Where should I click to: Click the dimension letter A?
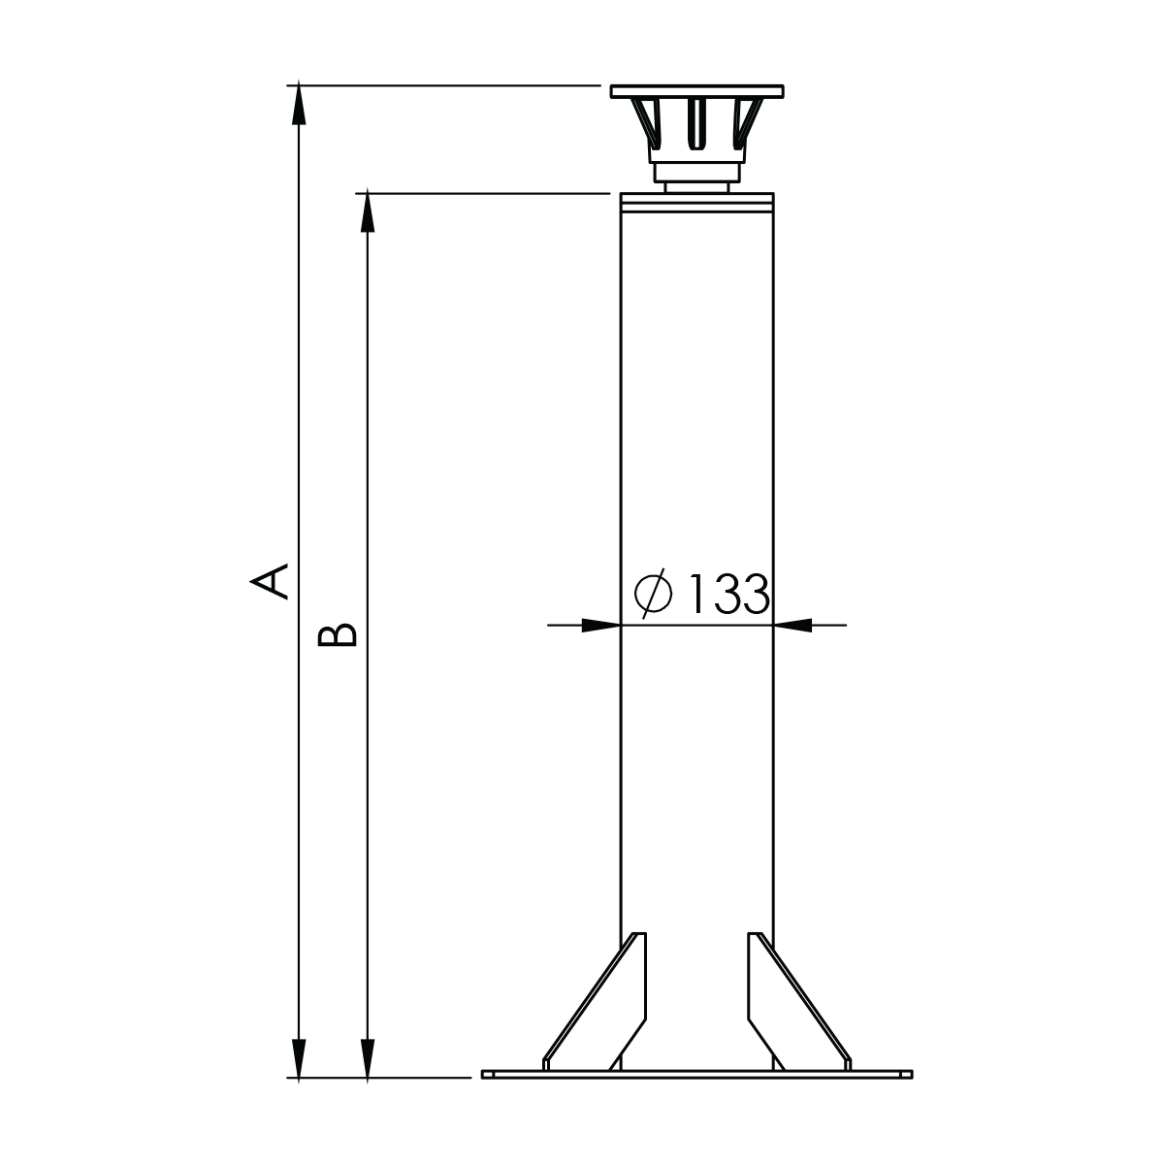270,581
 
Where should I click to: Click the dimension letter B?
338,634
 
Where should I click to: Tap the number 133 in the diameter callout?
729,594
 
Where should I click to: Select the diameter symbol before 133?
653,594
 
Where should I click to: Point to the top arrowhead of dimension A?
299,105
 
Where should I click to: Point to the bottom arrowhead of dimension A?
299,1059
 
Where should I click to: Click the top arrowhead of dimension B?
368,212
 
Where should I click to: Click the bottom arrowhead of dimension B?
368,1059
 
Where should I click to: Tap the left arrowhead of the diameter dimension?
601,626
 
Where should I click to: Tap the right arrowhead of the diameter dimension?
792,626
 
